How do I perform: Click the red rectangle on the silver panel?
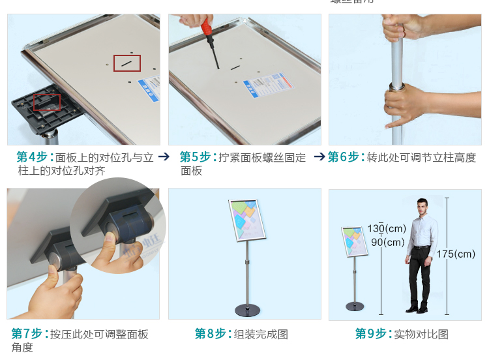pyautogui.click(x=127, y=63)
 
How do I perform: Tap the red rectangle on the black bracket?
pyautogui.click(x=47, y=102)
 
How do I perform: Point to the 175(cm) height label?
pyautogui.click(x=456, y=254)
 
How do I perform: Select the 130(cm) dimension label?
pyautogui.click(x=386, y=228)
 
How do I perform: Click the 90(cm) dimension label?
pyautogui.click(x=388, y=243)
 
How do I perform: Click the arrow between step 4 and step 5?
pyautogui.click(x=164, y=157)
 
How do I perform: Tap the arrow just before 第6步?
pyautogui.click(x=319, y=157)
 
